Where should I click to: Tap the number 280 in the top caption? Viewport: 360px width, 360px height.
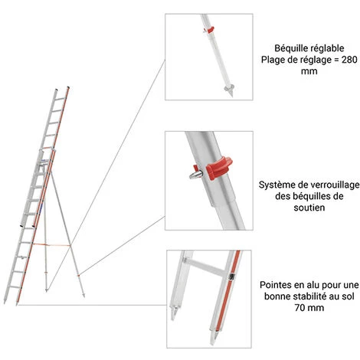(x=349, y=60)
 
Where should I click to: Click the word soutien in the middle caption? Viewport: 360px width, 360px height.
(x=309, y=208)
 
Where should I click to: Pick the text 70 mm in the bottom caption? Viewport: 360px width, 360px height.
(x=309, y=307)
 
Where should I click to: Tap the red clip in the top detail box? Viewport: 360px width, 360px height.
(x=209, y=30)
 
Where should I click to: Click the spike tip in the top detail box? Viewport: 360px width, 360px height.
(x=231, y=95)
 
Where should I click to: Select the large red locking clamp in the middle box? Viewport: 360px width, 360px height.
(x=219, y=168)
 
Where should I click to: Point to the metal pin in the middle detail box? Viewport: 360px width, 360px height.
(x=196, y=175)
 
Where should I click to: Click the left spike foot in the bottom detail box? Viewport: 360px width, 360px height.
(x=175, y=313)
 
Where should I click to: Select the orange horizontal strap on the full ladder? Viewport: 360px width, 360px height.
(x=51, y=245)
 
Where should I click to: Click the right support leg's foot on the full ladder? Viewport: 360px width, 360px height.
(x=83, y=296)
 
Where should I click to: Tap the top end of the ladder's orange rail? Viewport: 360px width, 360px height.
(x=68, y=87)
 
